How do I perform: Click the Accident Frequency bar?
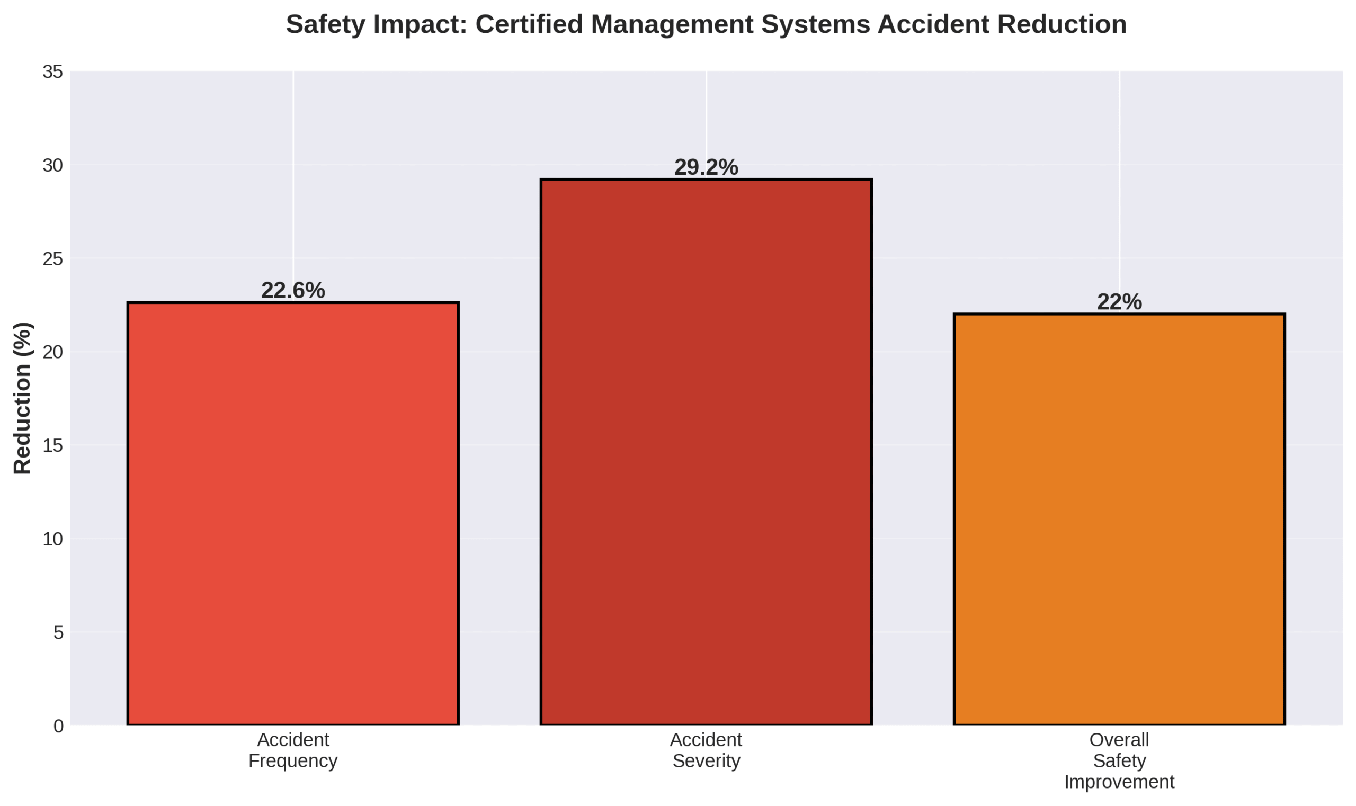pyautogui.click(x=293, y=513)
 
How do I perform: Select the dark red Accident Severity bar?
pyautogui.click(x=706, y=451)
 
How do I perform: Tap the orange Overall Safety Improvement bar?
pyautogui.click(x=1119, y=518)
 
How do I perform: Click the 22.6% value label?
pyautogui.click(x=293, y=291)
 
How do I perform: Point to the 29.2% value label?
pyautogui.click(x=706, y=167)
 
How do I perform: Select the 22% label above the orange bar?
pyautogui.click(x=1119, y=302)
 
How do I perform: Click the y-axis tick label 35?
pyautogui.click(x=52, y=71)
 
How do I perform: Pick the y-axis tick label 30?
pyautogui.click(x=52, y=165)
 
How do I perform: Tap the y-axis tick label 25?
pyautogui.click(x=52, y=258)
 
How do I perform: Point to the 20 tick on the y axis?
pyautogui.click(x=52, y=352)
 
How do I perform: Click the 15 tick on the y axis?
pyautogui.click(x=52, y=445)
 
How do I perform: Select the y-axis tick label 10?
pyautogui.click(x=52, y=539)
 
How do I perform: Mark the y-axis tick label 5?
pyautogui.click(x=58, y=632)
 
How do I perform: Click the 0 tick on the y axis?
pyautogui.click(x=58, y=726)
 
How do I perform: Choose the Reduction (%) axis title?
pyautogui.click(x=22, y=398)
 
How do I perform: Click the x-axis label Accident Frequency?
pyautogui.click(x=293, y=750)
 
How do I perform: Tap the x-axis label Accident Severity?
pyautogui.click(x=706, y=750)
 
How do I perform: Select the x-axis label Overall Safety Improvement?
pyautogui.click(x=1119, y=760)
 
